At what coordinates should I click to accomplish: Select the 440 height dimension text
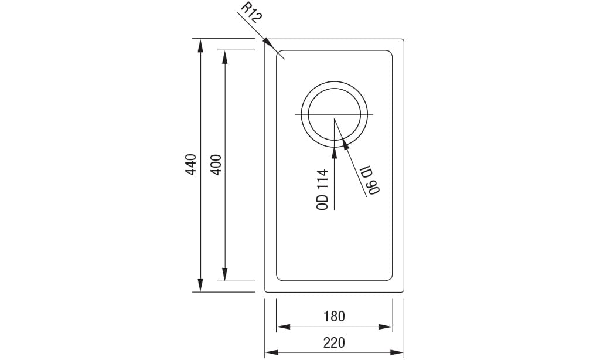(190, 165)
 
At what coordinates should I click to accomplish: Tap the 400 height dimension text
(215, 165)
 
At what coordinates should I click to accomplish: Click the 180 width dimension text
(334, 317)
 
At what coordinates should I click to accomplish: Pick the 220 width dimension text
(334, 342)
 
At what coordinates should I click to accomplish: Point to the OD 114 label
(322, 189)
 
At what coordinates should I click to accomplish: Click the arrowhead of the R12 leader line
(268, 44)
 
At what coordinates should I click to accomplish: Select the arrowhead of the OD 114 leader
(335, 153)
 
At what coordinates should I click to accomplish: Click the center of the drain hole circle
(335, 114)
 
